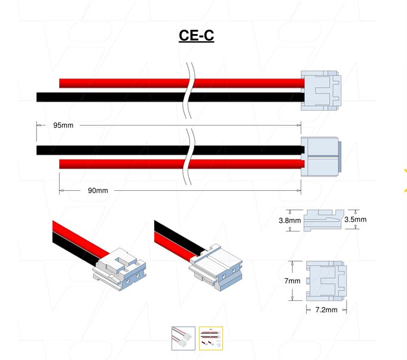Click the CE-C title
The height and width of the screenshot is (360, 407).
[x=196, y=36]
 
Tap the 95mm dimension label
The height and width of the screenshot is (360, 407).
[x=63, y=126]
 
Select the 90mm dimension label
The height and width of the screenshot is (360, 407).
[x=97, y=191]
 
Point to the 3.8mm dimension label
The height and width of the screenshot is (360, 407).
[x=289, y=220]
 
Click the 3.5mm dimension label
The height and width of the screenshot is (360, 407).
[x=356, y=219]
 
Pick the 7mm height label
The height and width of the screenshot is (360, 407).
[x=292, y=281]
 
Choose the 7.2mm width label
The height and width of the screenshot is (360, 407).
[x=326, y=310]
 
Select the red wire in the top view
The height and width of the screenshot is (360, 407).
[x=120, y=83]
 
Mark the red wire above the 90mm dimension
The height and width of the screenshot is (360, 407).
[x=120, y=163]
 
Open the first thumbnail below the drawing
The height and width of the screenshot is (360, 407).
[x=183, y=338]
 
